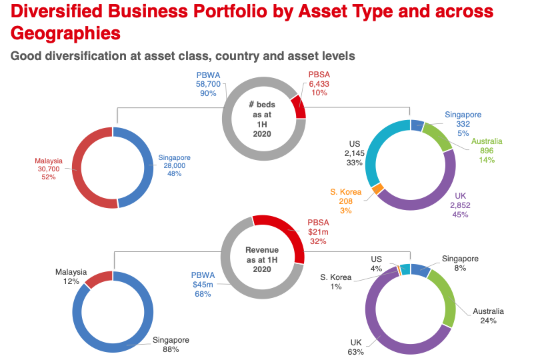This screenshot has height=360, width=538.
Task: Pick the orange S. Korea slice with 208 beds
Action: [378, 189]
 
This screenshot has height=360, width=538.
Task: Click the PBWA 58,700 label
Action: [212, 85]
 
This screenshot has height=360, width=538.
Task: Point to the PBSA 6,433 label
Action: [319, 84]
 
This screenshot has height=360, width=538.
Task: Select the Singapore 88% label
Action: [170, 345]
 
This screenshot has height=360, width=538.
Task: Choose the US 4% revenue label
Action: [377, 263]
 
